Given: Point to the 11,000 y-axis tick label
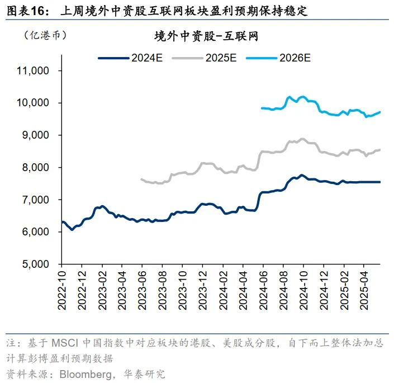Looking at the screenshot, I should pos(34,71).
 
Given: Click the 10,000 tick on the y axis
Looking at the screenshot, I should pos(34,103).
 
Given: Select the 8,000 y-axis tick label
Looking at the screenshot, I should pos(37,168).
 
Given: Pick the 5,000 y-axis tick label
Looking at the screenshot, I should pos(37,264).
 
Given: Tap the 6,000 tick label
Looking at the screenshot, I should pos(37,232).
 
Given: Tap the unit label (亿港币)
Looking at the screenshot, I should pos(45,35).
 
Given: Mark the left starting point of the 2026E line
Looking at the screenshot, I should pos(262,108).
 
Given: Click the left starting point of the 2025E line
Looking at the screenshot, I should pos(141,179).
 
